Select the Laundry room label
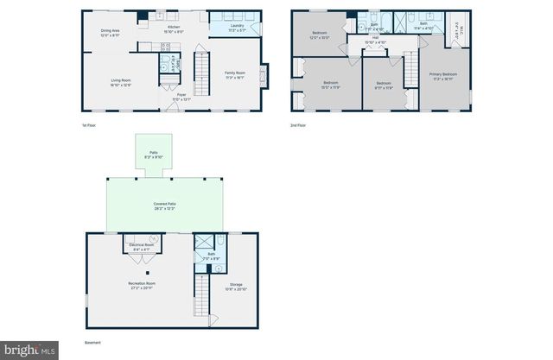pyautogui.click(x=237, y=28)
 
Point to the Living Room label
pyautogui.click(x=120, y=82)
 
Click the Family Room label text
pyautogui.click(x=235, y=74)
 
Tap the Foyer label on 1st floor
pyautogui.click(x=181, y=98)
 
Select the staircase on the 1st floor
pyautogui.click(x=202, y=74)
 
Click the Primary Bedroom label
pyautogui.click(x=443, y=76)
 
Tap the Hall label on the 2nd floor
pyautogui.click(x=376, y=40)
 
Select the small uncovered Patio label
pyautogui.click(x=153, y=155)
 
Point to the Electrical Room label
pyautogui.click(x=140, y=247)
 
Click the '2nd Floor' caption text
pyautogui.click(x=298, y=126)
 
